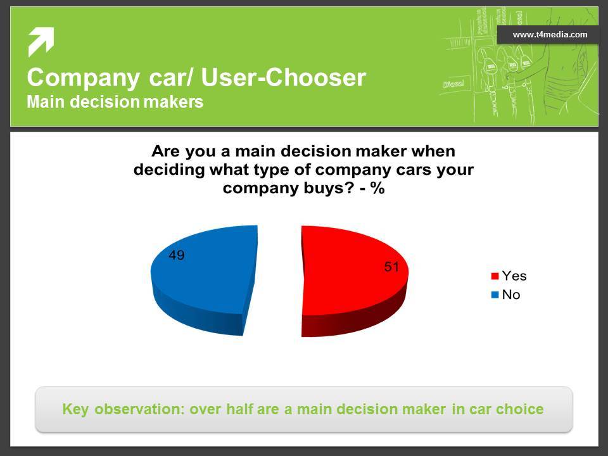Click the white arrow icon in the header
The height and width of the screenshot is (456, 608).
41,42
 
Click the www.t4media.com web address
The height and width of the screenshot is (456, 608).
550,34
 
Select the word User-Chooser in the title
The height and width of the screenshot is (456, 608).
284,77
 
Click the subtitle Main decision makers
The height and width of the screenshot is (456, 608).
115,102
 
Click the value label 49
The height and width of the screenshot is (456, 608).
177,255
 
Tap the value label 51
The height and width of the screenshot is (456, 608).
391,267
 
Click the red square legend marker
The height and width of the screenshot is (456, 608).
495,276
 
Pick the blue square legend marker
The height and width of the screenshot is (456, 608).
495,294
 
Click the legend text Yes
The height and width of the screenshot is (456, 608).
514,275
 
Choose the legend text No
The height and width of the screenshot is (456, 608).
511,294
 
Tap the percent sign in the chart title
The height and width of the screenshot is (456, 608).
377,188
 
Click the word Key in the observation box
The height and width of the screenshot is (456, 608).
75,410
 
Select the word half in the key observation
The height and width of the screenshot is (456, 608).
239,409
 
